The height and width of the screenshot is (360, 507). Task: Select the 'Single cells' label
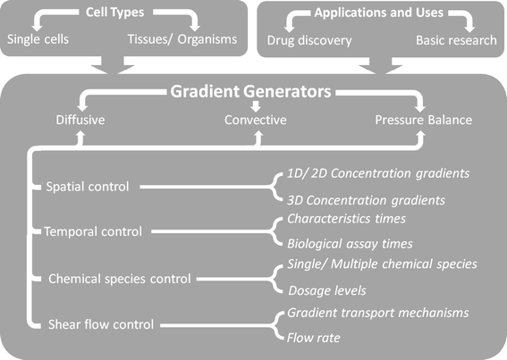[39, 41]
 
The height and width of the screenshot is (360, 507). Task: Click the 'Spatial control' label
[88, 187]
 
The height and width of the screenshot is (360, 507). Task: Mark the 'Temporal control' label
[93, 231]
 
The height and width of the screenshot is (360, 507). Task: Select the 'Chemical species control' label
[117, 278]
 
